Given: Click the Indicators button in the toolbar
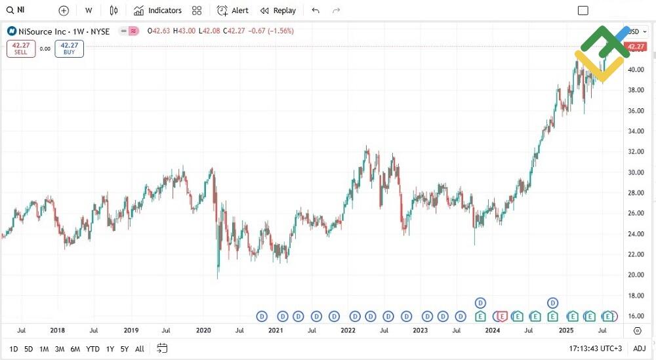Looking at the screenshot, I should point(157,10).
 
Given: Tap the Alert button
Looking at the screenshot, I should point(233,10).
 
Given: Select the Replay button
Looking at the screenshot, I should point(278,10).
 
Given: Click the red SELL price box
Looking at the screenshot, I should point(21,49).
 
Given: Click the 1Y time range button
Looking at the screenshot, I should point(110,349).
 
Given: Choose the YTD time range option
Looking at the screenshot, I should point(93,349).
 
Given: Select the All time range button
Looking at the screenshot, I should point(140,349).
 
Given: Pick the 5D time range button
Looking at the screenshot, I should point(29,349).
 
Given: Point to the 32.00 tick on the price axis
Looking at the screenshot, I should point(635,151).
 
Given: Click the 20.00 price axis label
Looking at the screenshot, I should point(635,275).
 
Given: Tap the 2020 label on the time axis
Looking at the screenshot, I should point(203,330).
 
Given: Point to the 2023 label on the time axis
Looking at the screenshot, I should point(420,330).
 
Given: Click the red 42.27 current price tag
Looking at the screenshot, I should point(636,47).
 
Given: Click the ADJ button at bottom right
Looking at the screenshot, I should point(640,349).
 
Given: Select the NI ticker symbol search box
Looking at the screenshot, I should point(26,10).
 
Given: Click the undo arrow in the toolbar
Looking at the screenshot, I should point(316,10).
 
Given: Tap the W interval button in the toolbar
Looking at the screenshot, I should point(89,10).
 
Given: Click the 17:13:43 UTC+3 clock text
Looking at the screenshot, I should point(595,349).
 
